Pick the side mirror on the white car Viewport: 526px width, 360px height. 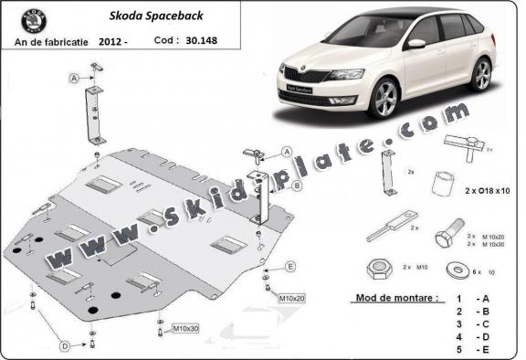pyautogui.click(x=416, y=43)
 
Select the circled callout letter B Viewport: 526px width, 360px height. pyautogui.click(x=298, y=185)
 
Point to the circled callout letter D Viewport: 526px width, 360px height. pyautogui.click(x=65, y=346)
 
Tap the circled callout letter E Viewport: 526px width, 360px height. pyautogui.click(x=291, y=266)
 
